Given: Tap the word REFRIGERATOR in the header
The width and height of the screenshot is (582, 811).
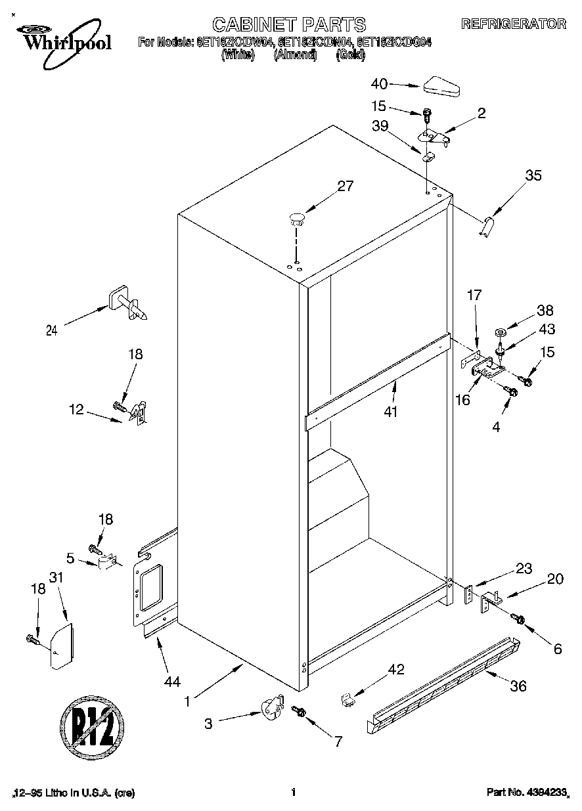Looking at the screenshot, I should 513,24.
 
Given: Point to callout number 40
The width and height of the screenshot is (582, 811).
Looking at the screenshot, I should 379,84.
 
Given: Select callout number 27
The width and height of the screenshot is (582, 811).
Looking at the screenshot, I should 346,186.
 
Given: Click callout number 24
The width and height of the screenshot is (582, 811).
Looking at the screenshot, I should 51,330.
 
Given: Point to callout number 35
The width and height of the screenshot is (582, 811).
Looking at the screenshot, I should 533,175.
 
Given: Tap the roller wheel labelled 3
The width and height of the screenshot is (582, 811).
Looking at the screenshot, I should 269,711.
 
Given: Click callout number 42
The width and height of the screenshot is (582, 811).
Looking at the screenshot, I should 395,670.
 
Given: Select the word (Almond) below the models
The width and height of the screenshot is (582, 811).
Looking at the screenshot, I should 295,56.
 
